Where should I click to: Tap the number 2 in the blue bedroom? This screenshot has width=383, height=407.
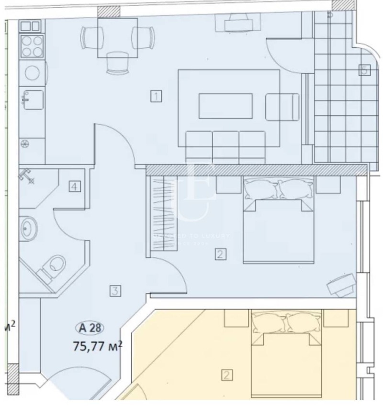pos(220,254)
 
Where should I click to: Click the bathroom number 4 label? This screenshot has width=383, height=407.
pos(74,186)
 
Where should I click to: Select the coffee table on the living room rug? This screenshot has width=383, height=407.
pos(225,106)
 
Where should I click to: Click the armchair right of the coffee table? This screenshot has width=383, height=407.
pos(282,106)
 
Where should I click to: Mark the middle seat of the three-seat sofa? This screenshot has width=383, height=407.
pos(225,146)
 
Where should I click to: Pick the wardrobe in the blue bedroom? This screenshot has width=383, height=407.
pos(164,213)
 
